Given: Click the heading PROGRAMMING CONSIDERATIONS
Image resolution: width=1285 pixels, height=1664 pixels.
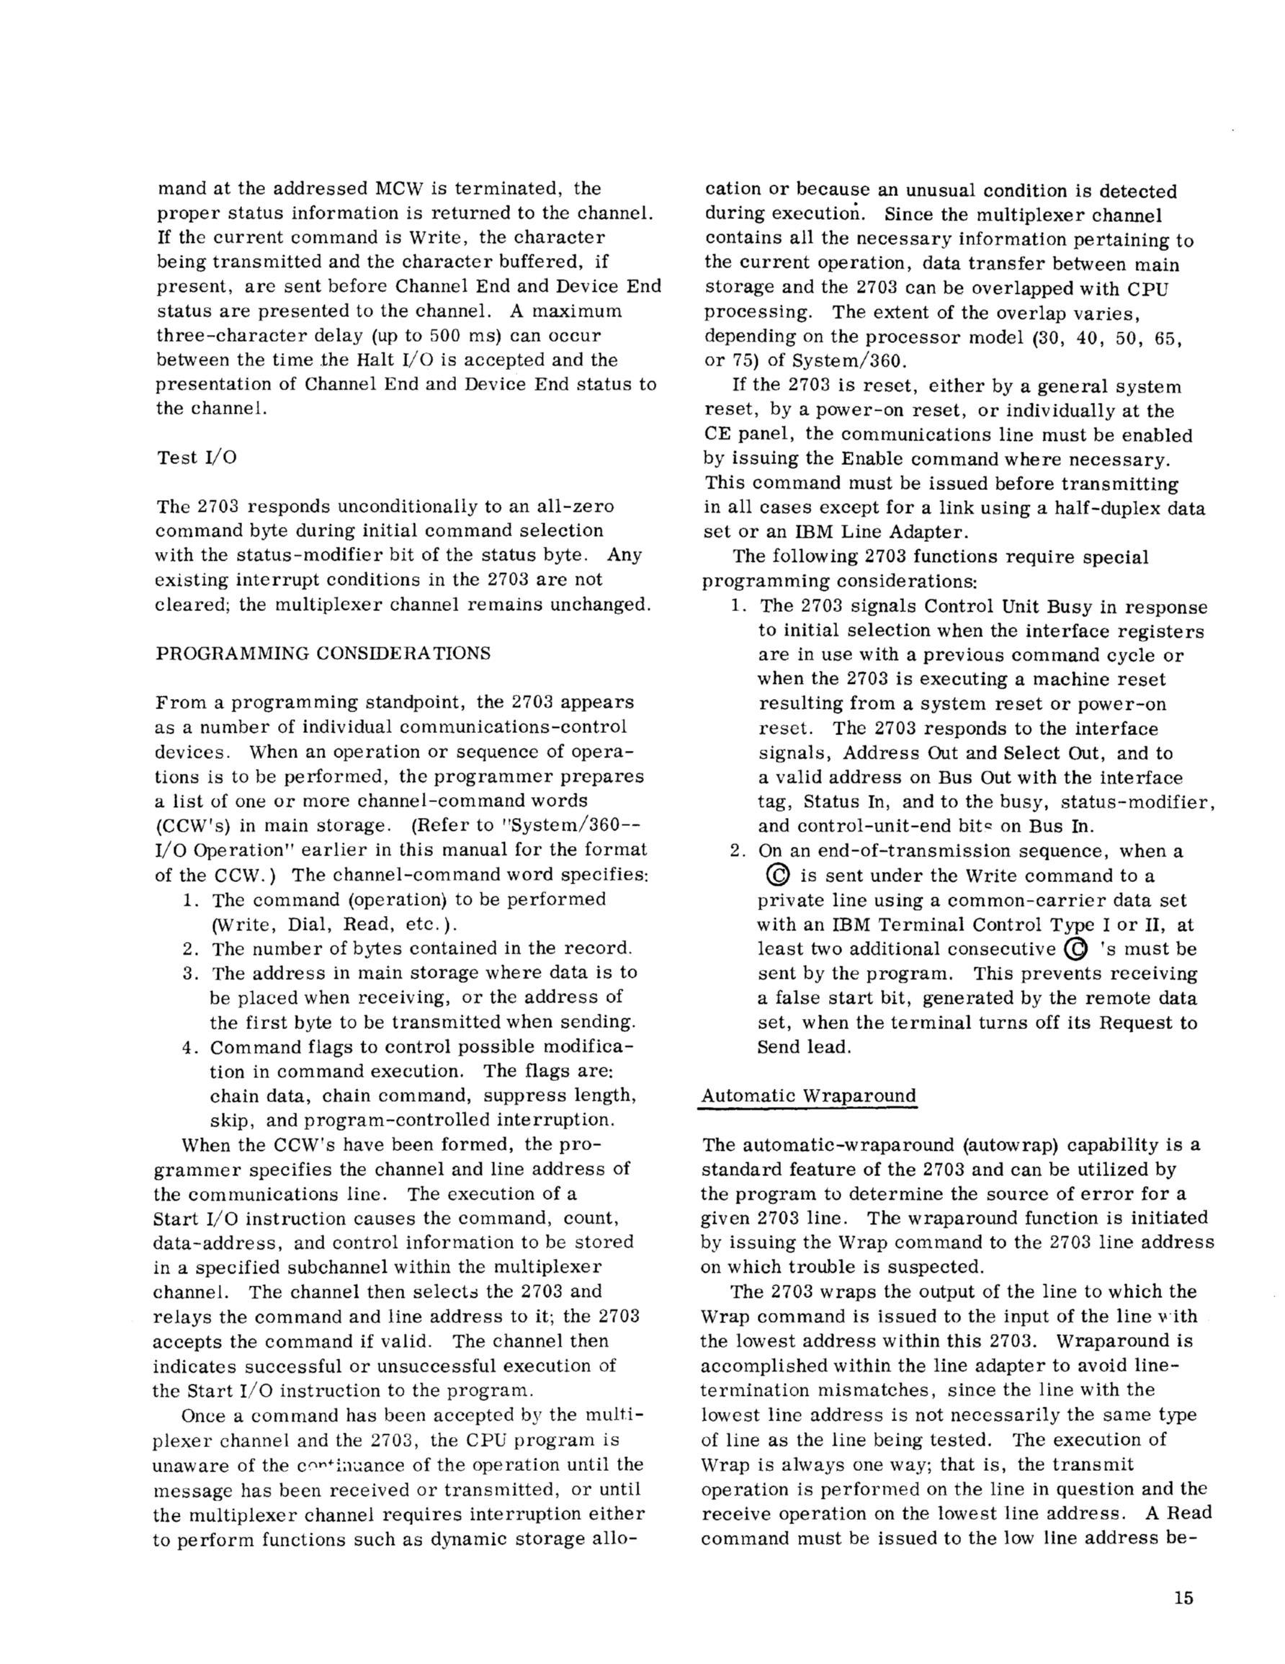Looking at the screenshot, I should coord(323,654).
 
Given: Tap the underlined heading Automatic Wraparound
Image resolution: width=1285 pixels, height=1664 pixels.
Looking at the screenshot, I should coord(808,1095).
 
